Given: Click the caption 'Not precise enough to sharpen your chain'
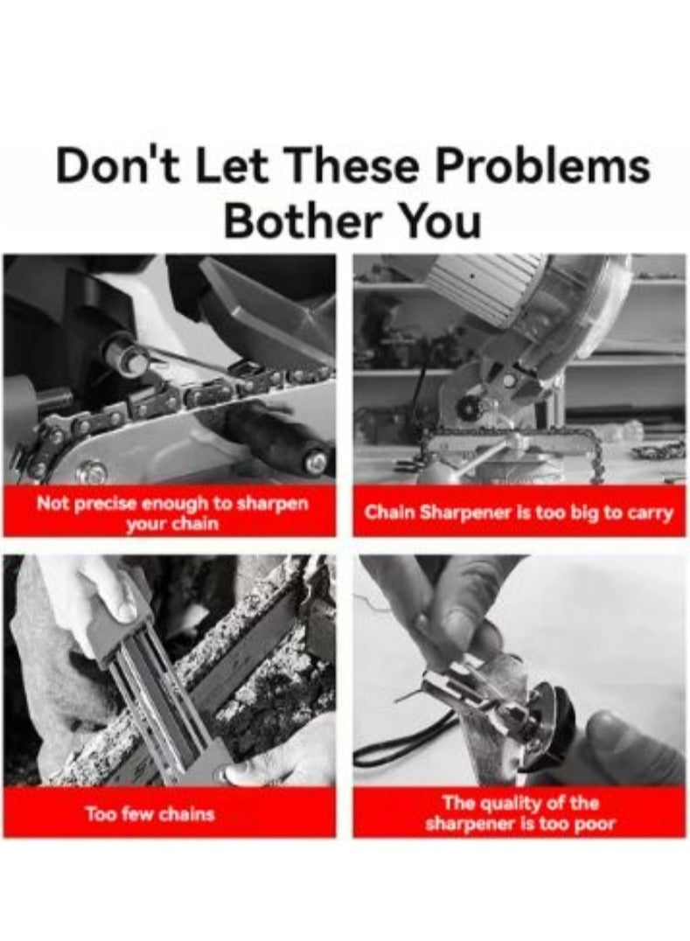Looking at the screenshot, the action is [x=172, y=512].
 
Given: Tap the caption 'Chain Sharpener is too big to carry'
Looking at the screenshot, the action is [x=519, y=513].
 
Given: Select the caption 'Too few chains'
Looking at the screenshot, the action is [x=150, y=814].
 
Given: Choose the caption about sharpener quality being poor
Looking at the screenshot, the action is [x=519, y=812].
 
